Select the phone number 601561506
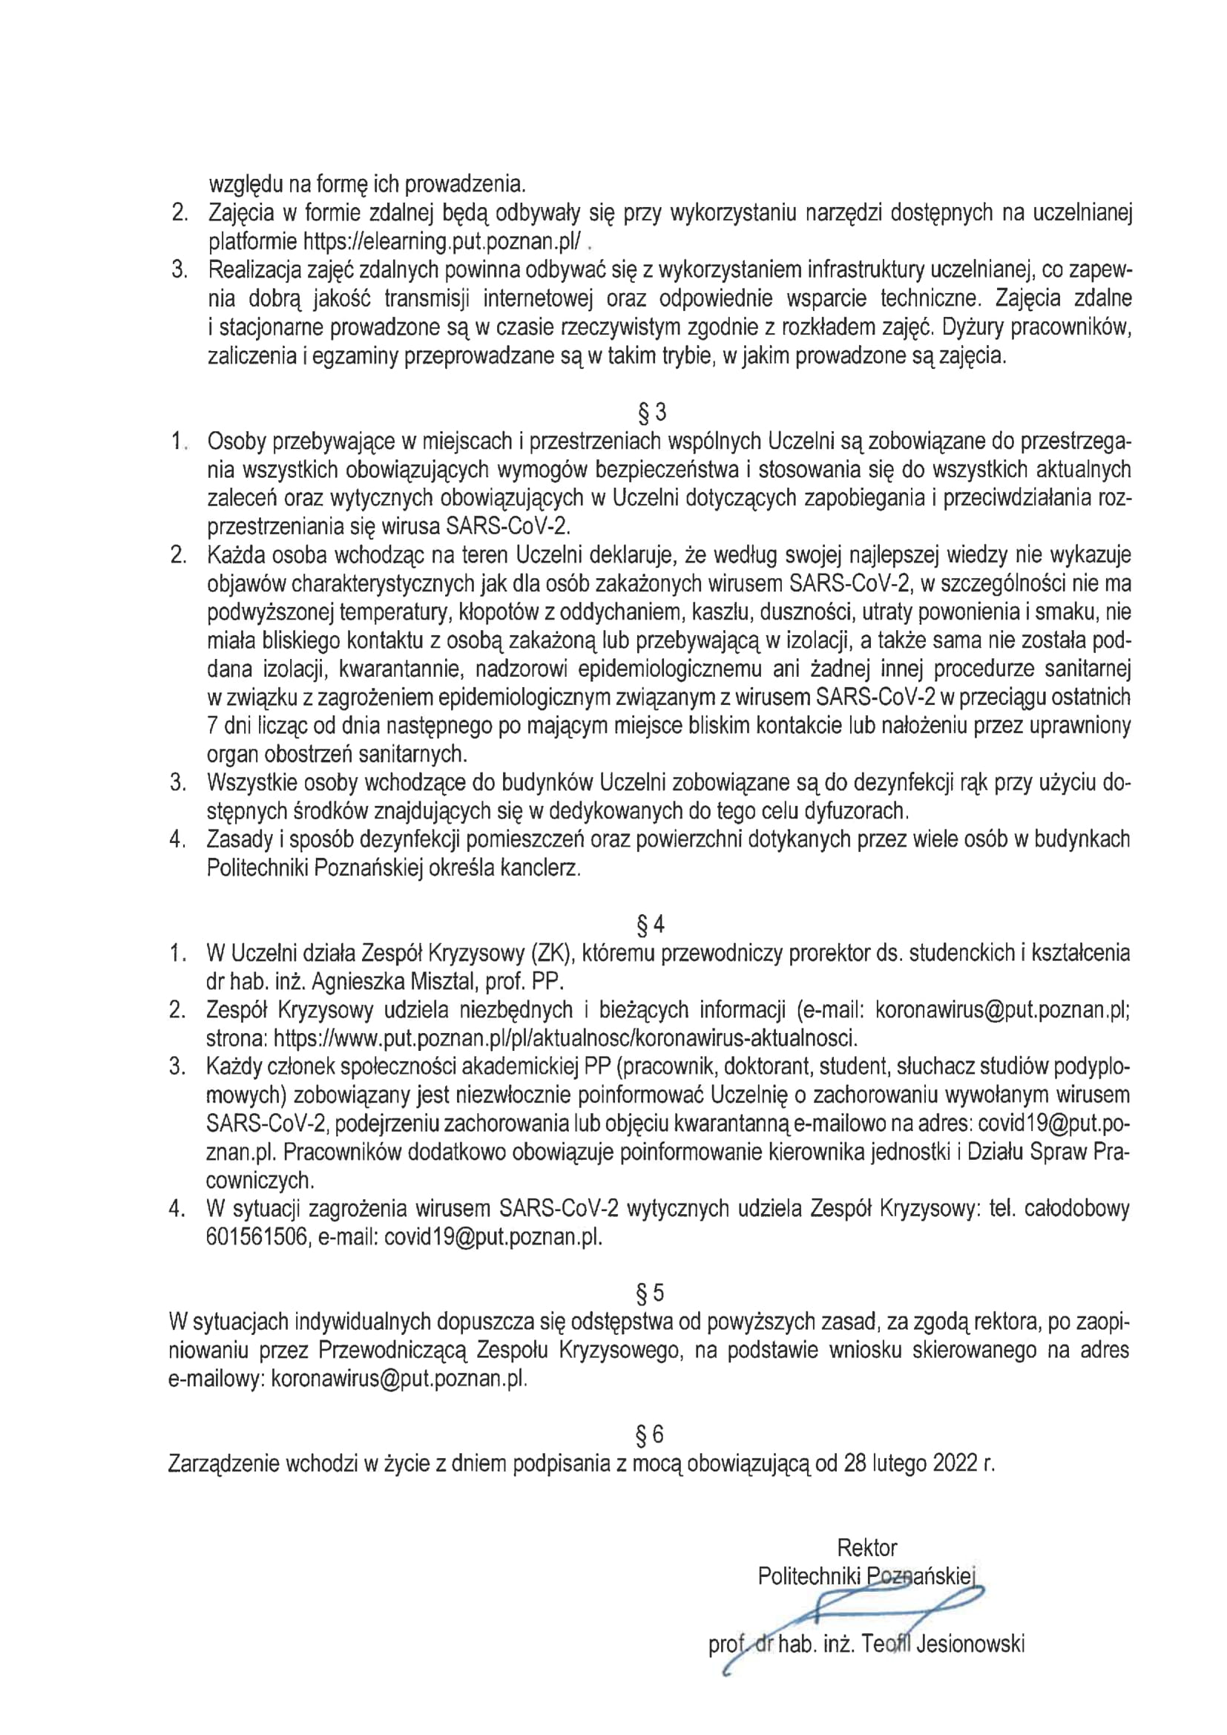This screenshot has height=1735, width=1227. [255, 1238]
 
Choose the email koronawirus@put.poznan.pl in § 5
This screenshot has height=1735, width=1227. [398, 1378]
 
